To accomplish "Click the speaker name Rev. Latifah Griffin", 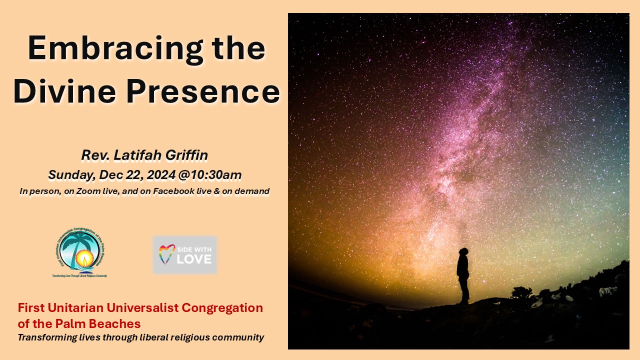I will [x=144, y=155].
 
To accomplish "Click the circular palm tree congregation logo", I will [x=79, y=251].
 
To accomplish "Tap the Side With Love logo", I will [x=185, y=255].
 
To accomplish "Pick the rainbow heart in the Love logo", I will [x=167, y=254].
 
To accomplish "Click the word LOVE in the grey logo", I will [x=193, y=259].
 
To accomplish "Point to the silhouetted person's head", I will [x=463, y=251].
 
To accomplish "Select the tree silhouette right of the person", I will [x=521, y=292].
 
